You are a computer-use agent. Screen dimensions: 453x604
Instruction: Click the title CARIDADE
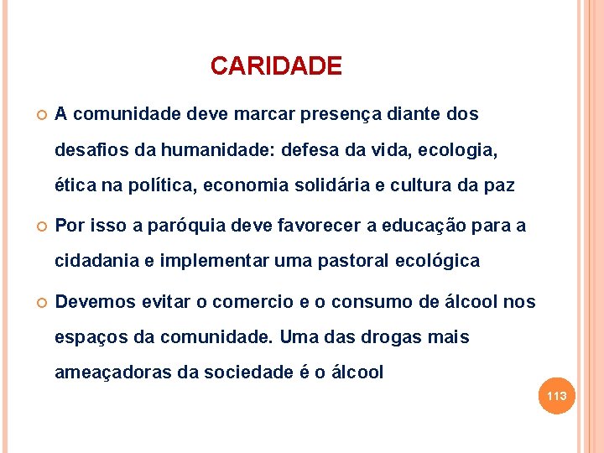[276, 66]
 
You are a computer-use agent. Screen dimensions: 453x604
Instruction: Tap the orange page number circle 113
[557, 396]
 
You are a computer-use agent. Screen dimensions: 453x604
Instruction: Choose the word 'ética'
[75, 185]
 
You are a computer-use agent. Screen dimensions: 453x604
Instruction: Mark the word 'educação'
[419, 225]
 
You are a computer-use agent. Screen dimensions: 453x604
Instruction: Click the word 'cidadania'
[92, 261]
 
